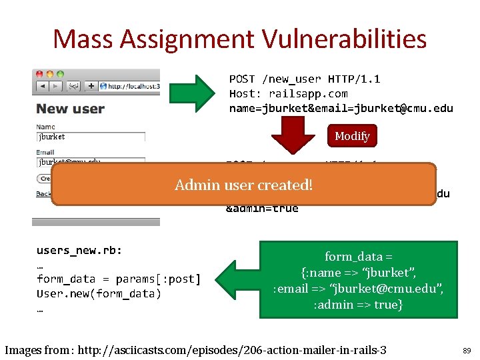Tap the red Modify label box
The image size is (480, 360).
click(x=351, y=136)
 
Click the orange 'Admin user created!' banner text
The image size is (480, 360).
click(x=243, y=185)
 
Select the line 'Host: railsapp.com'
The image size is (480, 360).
click(x=288, y=94)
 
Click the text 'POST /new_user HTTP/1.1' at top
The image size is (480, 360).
click(x=305, y=79)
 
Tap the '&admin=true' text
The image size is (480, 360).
click(x=262, y=208)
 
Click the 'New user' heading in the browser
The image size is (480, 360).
click(x=70, y=109)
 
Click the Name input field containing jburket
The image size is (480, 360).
click(x=91, y=137)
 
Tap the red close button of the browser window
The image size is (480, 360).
click(x=39, y=74)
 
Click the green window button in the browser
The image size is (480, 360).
click(x=60, y=74)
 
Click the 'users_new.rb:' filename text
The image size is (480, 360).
click(x=79, y=251)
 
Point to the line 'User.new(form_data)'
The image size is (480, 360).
click(x=99, y=294)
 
